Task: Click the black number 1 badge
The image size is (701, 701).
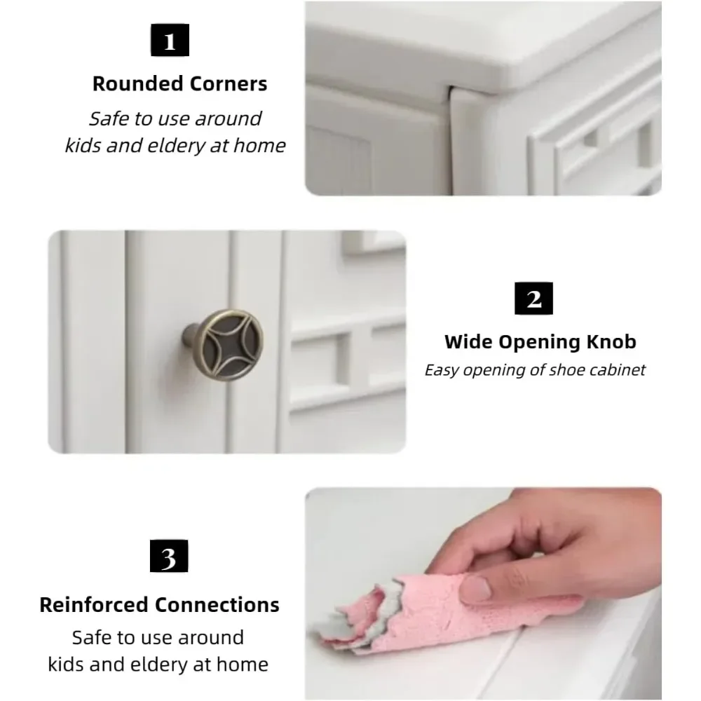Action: (x=170, y=40)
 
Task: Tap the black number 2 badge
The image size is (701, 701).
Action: (x=533, y=298)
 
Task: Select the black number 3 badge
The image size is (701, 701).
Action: (x=169, y=556)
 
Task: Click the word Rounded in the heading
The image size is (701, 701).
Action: (x=138, y=83)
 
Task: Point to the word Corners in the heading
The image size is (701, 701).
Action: (x=229, y=83)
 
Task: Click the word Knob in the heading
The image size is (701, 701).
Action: (x=611, y=341)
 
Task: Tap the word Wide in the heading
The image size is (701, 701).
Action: (x=468, y=341)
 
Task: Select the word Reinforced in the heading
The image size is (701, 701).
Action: (x=94, y=605)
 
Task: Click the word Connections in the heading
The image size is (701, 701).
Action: (x=217, y=605)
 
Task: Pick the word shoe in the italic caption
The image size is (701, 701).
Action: (x=566, y=370)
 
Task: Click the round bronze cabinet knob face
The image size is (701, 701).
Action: (x=228, y=345)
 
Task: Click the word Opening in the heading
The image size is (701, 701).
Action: (x=540, y=342)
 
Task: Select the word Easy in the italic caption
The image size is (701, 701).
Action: (x=441, y=371)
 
